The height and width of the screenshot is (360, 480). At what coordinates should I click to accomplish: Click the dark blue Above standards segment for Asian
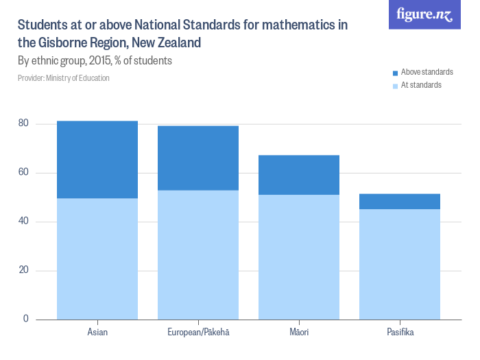[x=97, y=159]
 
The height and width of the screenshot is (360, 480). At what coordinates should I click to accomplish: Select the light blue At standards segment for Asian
[x=97, y=259]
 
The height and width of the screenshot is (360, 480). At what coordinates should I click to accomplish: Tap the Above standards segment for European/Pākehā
[x=198, y=158]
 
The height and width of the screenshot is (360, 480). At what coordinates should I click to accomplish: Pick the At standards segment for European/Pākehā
[x=198, y=254]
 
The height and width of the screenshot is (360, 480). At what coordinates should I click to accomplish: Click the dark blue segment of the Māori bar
[x=299, y=175]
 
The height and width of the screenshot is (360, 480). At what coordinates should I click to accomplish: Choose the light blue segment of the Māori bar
[x=299, y=257]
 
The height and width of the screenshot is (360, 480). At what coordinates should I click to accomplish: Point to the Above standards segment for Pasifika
[x=400, y=202]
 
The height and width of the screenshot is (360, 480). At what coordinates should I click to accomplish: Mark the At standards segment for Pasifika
[x=400, y=264]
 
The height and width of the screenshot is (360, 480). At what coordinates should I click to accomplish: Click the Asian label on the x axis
[x=97, y=333]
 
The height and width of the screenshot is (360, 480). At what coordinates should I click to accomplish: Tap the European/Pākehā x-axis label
[x=198, y=333]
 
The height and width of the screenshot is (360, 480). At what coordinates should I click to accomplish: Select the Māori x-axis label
[x=299, y=333]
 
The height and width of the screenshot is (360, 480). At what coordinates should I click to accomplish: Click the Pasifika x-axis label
[x=400, y=333]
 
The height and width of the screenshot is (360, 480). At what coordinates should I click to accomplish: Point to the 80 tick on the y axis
[x=24, y=123]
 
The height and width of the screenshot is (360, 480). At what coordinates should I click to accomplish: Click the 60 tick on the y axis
[x=24, y=172]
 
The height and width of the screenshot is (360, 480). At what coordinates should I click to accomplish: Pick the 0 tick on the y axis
[x=27, y=319]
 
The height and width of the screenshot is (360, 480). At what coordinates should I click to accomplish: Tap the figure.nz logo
[x=424, y=15]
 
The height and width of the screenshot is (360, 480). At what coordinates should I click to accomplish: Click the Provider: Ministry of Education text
[x=64, y=78]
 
